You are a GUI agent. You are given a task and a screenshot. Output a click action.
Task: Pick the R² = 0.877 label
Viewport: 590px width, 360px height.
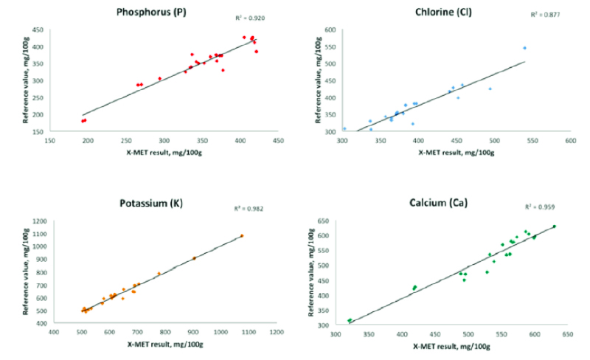(x=544, y=14)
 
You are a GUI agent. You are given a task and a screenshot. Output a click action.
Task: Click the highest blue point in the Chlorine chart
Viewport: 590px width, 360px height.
(x=524, y=48)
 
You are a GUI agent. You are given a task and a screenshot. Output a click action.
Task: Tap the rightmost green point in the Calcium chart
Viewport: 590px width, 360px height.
(x=554, y=226)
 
